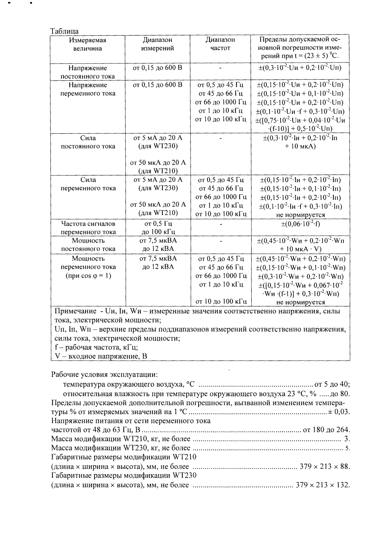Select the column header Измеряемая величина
(88, 44)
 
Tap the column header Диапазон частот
(220, 44)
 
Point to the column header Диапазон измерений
(158, 44)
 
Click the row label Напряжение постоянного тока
(88, 72)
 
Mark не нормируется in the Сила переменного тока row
(301, 215)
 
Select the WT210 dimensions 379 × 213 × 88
(325, 467)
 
